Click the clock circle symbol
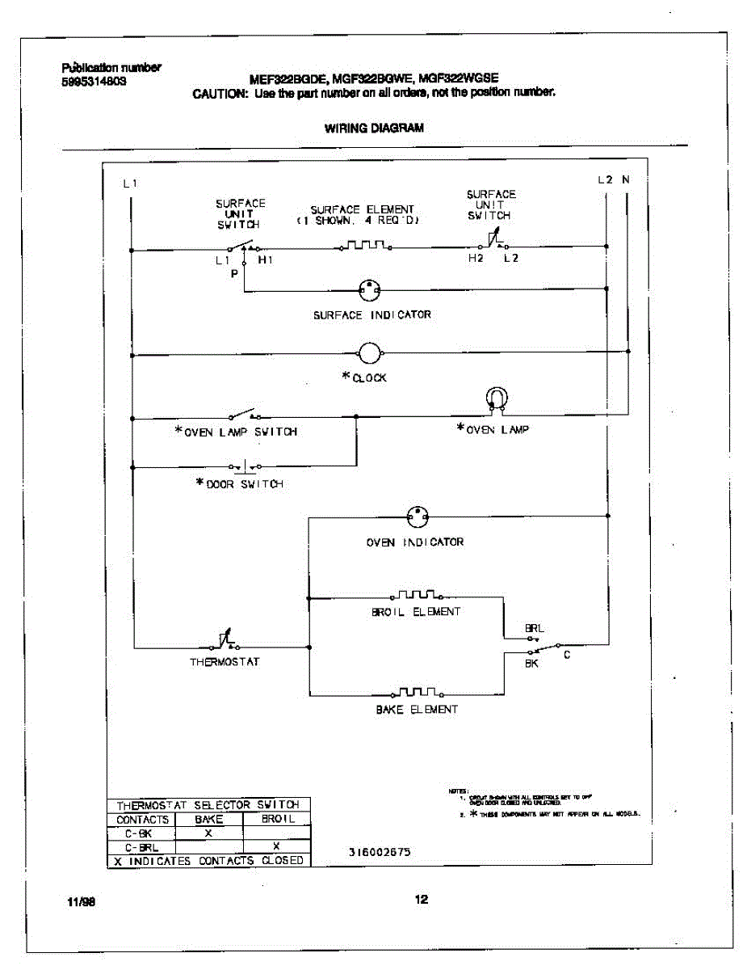pos(369,352)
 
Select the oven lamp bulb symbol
pos(496,399)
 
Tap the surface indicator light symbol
pos(369,289)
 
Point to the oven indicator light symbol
pos(417,516)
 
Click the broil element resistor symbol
pos(416,596)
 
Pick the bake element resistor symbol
pos(417,693)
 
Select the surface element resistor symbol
pos(364,244)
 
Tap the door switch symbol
pos(245,467)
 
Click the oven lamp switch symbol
pos(241,415)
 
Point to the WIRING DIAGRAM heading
pos(374,128)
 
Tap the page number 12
pos(421,900)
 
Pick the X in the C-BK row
pos(208,832)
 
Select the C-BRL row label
pos(142,846)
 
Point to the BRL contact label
pos(535,627)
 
